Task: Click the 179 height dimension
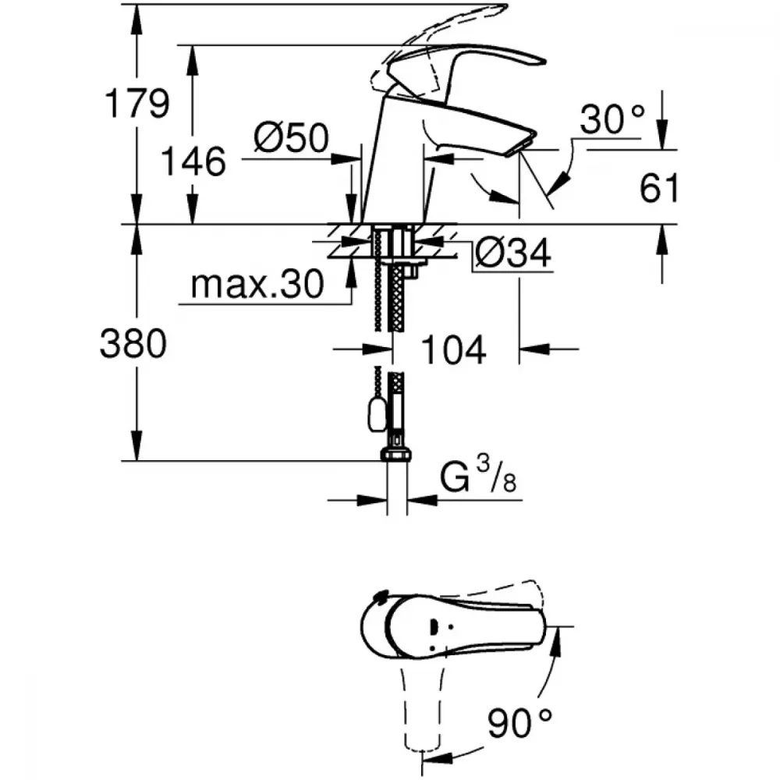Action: click(137, 104)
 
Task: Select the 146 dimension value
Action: click(193, 161)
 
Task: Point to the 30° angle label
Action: click(612, 119)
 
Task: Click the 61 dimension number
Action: click(659, 188)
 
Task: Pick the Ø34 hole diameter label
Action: click(513, 253)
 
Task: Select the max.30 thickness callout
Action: click(257, 285)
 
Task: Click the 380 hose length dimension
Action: click(133, 344)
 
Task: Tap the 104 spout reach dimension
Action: click(453, 349)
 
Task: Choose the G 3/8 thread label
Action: click(478, 476)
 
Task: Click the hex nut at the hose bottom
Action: click(396, 455)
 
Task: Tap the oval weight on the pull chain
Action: click(376, 416)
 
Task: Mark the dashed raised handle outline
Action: click(438, 44)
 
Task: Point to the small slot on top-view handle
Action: click(433, 627)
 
